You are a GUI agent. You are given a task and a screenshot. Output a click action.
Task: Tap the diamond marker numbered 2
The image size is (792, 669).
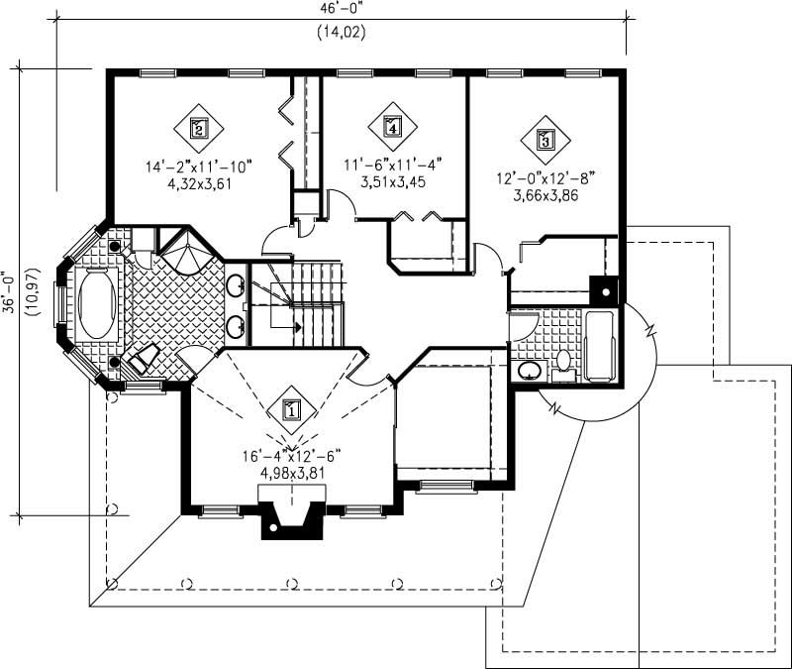[x=199, y=128]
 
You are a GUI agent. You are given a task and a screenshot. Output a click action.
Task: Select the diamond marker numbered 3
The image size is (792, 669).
[x=544, y=140]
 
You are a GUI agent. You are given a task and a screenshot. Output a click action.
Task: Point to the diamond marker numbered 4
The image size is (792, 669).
[x=393, y=126]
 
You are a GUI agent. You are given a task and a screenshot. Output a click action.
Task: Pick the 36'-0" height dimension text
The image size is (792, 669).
[x=10, y=293]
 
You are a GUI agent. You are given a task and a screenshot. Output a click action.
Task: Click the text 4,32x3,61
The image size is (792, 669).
[x=199, y=182]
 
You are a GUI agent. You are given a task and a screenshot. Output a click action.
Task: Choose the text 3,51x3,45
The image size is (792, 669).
[x=392, y=181]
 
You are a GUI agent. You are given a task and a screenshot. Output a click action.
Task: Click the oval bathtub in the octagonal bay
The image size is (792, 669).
[x=96, y=305]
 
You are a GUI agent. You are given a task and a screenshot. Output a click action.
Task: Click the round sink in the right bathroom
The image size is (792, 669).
[x=530, y=371]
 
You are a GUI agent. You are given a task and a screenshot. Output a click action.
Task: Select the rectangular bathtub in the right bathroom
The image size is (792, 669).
[x=600, y=346]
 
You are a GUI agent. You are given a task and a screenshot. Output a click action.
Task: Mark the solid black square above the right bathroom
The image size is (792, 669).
[x=603, y=289]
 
